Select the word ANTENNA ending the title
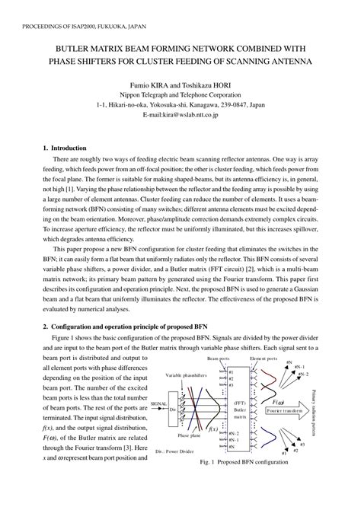288,60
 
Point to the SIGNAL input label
159,404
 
